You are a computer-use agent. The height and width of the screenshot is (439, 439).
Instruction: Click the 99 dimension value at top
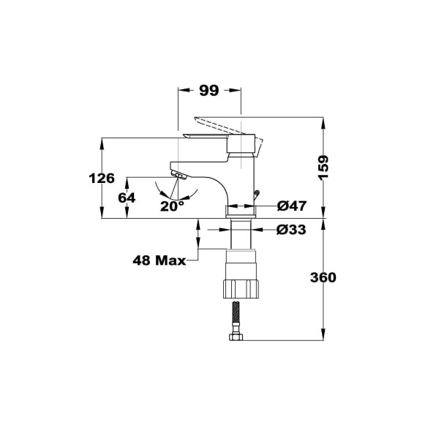(x=209, y=91)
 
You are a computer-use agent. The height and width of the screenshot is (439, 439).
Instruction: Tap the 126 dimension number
(x=102, y=178)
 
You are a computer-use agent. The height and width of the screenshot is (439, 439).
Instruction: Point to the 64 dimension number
(x=127, y=198)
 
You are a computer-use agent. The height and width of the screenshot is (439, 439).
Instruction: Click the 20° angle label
(x=172, y=206)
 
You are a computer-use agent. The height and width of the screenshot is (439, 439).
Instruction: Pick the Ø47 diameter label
(x=291, y=206)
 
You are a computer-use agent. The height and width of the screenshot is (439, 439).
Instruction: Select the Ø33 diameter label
(x=291, y=230)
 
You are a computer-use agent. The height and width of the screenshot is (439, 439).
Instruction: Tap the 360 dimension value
(x=323, y=278)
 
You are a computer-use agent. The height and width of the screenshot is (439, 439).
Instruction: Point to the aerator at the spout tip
(x=178, y=176)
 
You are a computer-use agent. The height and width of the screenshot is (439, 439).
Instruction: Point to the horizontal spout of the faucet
(x=198, y=165)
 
